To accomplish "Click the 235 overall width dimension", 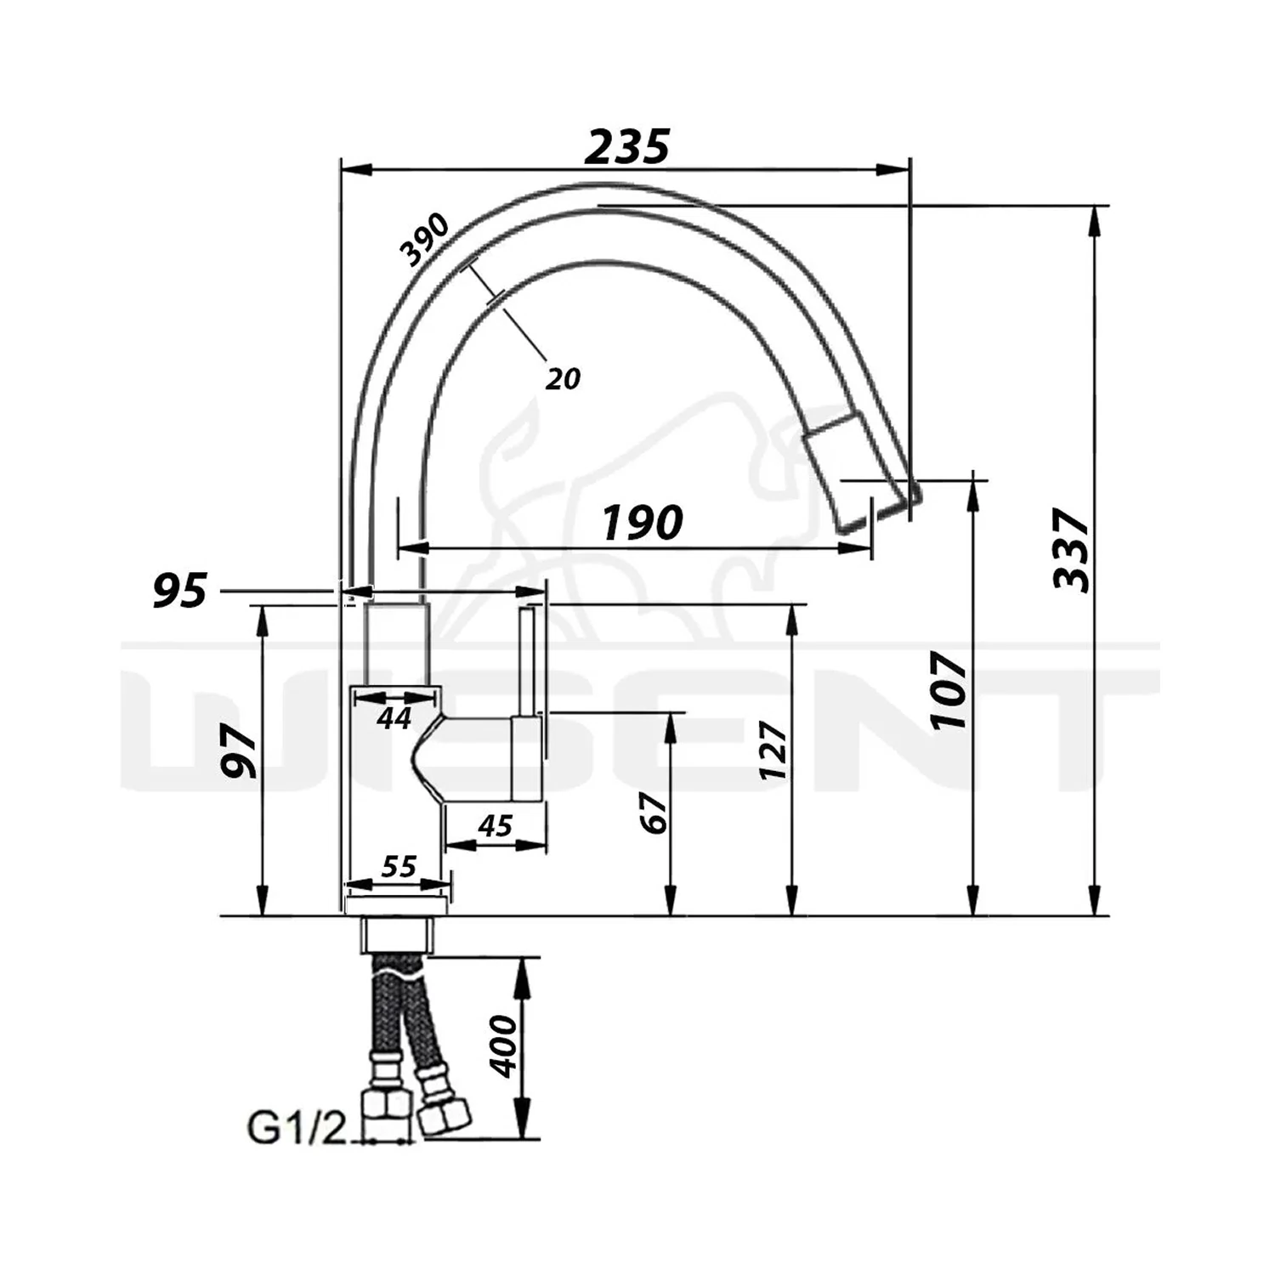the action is [x=627, y=146].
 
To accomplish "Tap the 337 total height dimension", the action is [x=1071, y=549].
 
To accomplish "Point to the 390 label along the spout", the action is [x=425, y=240].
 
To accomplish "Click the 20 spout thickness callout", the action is [x=563, y=378].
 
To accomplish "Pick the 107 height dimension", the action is [x=949, y=689].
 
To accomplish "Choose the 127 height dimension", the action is [x=773, y=750].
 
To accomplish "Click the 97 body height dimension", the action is [x=239, y=753].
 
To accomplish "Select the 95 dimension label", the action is [x=180, y=591].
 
